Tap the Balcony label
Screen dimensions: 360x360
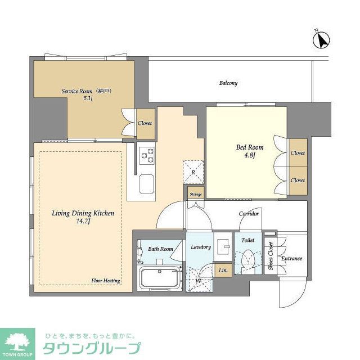(x=228, y=83)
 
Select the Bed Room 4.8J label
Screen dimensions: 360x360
(x=249, y=152)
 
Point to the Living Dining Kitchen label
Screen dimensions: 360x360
(x=83, y=217)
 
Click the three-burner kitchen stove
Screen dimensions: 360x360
(x=147, y=155)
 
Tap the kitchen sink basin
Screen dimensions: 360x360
(x=147, y=183)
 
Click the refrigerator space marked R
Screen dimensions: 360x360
(x=193, y=172)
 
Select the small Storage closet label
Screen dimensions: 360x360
(x=195, y=194)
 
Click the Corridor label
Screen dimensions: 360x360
(x=249, y=214)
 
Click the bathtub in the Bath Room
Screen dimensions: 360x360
(x=160, y=278)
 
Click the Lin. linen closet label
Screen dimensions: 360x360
(x=223, y=271)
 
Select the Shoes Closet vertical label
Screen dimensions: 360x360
(x=271, y=256)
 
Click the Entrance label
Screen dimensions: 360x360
(x=292, y=259)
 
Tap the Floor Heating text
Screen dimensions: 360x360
(x=105, y=280)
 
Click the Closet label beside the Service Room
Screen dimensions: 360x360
(x=145, y=123)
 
